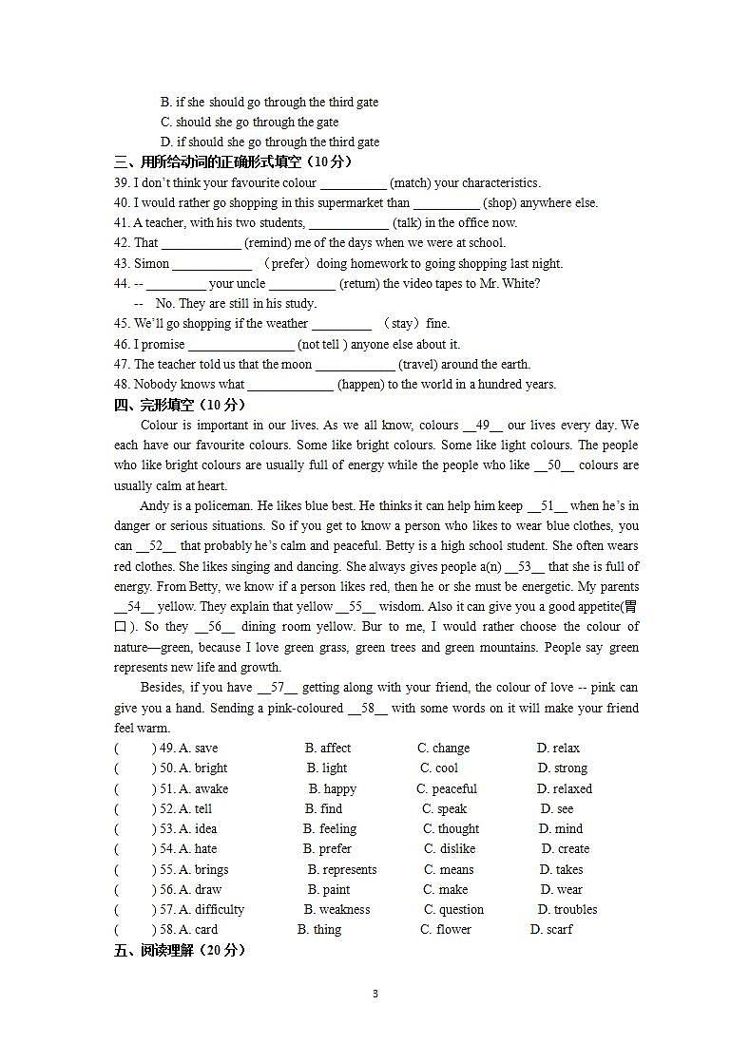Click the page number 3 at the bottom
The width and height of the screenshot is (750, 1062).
[375, 994]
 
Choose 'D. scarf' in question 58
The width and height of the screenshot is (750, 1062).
[551, 929]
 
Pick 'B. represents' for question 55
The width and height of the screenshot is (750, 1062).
[341, 869]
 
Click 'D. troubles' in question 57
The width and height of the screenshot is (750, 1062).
[567, 909]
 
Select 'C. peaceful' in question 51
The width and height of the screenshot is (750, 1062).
[447, 788]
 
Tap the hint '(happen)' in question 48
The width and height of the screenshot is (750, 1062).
[360, 384]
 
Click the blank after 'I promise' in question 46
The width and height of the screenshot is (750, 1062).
[240, 345]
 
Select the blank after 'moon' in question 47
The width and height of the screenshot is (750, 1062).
[355, 365]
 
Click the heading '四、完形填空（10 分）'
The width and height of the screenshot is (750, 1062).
[180, 405]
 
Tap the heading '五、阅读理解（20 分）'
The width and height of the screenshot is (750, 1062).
[180, 949]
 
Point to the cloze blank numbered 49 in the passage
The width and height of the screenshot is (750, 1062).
[482, 426]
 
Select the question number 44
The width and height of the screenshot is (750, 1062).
[122, 283]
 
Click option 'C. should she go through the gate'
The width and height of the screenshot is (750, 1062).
[249, 122]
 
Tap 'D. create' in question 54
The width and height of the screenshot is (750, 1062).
[566, 848]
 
